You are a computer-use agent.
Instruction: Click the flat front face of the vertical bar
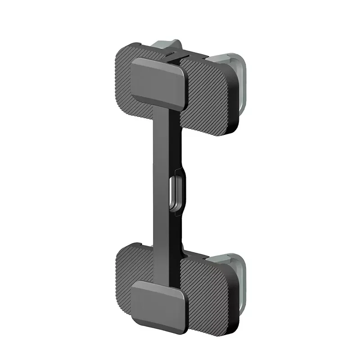click(161, 180)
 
